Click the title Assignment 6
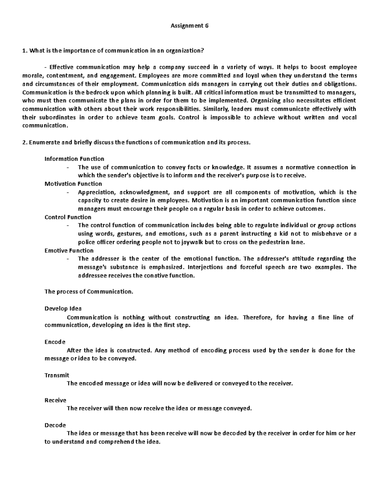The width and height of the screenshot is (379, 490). point(189,26)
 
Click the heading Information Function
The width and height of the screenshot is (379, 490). point(74,159)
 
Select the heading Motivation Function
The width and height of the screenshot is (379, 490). point(73,184)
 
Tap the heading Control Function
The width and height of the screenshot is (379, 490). point(68,217)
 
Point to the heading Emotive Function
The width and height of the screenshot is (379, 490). point(69,251)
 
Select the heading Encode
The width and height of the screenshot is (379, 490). point(55,342)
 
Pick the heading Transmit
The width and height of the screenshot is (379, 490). point(57,375)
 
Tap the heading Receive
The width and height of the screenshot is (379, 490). point(55,400)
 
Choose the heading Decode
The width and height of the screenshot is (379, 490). point(55,425)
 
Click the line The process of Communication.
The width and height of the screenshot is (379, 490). point(89,292)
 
